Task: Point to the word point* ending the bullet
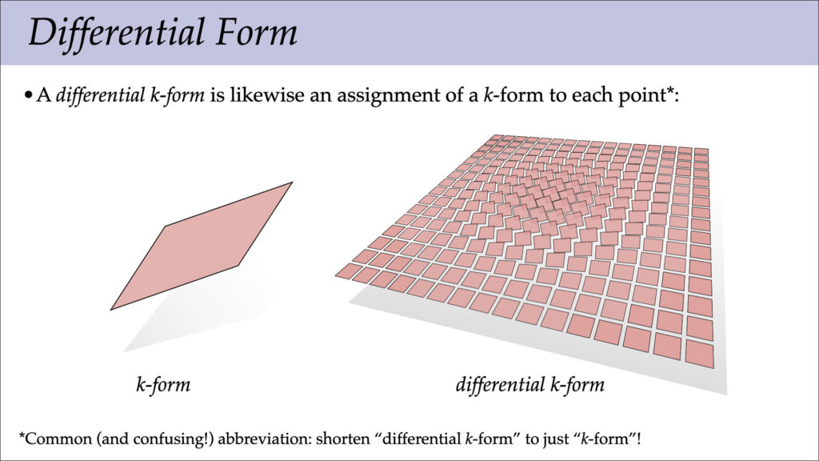646,97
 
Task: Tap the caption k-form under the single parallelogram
162,385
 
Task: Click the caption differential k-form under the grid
529,385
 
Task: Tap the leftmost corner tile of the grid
350,270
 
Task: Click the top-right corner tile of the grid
701,151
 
